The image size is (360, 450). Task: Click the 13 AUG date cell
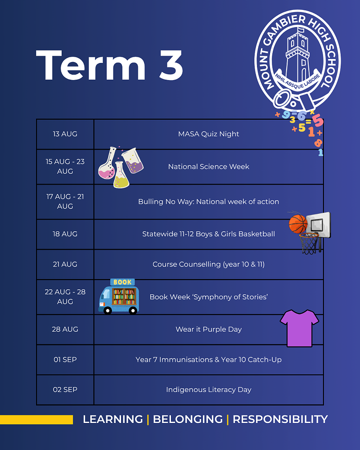pos(65,134)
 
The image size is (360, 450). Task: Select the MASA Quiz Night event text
pos(208,134)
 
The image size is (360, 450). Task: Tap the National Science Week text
pos(208,166)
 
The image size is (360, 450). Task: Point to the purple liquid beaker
pos(133,161)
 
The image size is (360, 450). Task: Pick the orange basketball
pos(298,224)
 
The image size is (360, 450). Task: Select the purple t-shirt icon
pos(299,328)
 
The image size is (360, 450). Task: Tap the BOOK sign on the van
pos(122,282)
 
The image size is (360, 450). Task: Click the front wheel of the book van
pos(108,310)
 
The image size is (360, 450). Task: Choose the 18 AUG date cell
pos(65,234)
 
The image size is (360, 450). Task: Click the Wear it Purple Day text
pos(208,329)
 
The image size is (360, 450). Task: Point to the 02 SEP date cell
pos(65,390)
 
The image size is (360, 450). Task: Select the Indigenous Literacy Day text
pos(208,390)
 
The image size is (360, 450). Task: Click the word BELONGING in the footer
pos(188,419)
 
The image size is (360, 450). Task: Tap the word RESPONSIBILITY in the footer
pos(280,419)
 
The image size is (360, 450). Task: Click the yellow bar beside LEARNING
pos(36,419)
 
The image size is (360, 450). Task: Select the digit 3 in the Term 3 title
pos(171,65)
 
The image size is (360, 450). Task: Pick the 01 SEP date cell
pos(65,360)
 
